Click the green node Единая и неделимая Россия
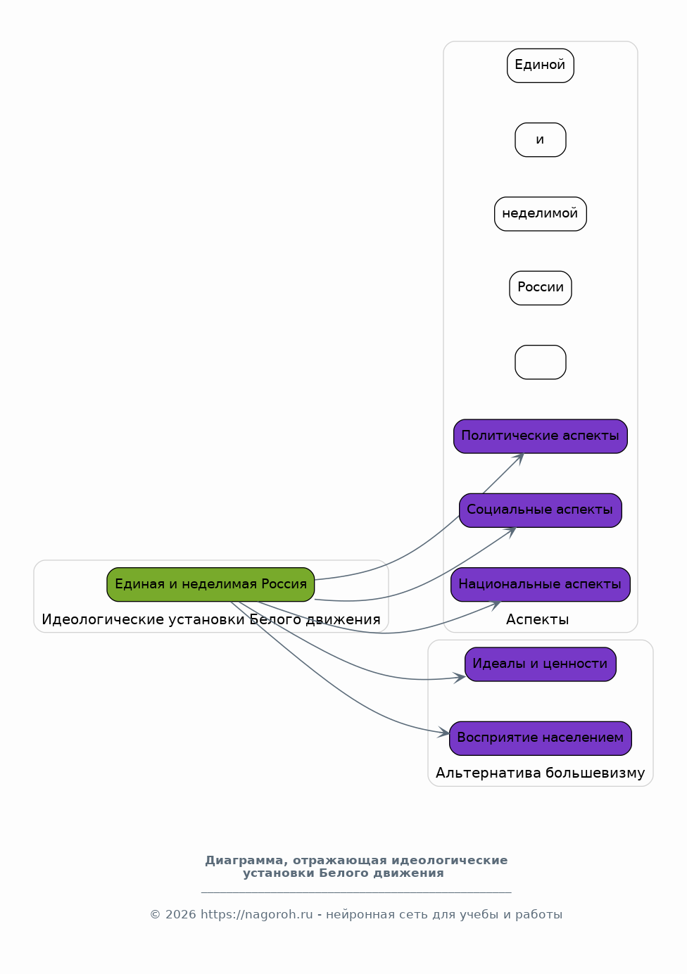(210, 584)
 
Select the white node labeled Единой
(540, 65)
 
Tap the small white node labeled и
(540, 139)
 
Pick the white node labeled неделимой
(540, 214)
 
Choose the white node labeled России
(540, 288)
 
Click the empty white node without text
(540, 362)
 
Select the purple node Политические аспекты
(540, 436)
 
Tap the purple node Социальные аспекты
(540, 510)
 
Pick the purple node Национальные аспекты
(540, 584)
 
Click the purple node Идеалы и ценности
(540, 664)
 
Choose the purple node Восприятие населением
(540, 738)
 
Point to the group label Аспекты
(538, 619)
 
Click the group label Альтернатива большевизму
(540, 773)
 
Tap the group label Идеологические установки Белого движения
(211, 619)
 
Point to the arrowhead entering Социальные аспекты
(510, 531)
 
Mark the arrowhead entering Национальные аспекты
(496, 605)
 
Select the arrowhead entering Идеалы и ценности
(460, 678)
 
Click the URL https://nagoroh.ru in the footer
(256, 914)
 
